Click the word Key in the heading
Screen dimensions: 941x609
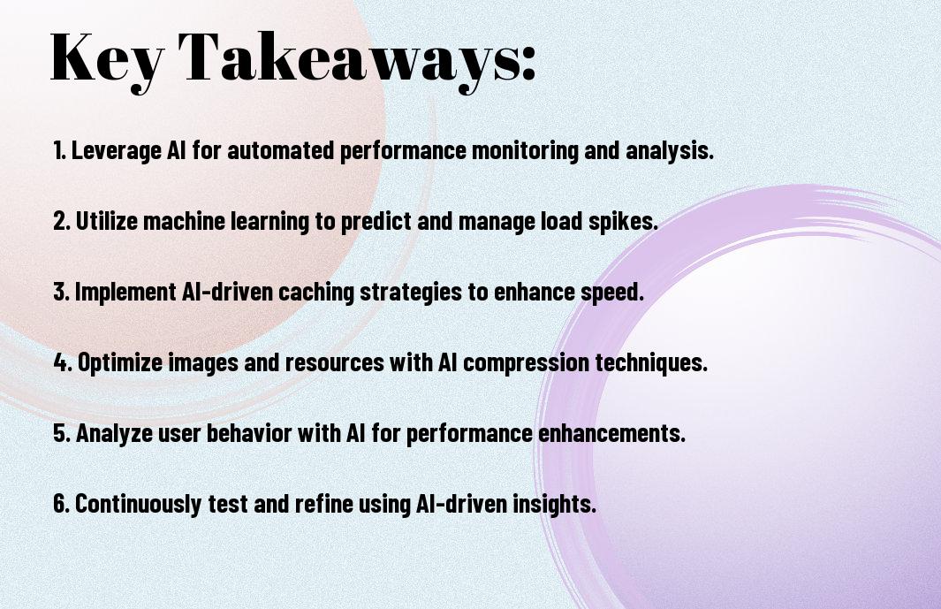pos(108,58)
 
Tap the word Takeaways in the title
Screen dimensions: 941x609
pos(349,58)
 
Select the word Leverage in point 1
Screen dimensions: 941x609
pos(117,150)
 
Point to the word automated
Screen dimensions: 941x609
pos(280,149)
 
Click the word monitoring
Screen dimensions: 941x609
pos(525,150)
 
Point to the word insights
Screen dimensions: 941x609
pos(555,503)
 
